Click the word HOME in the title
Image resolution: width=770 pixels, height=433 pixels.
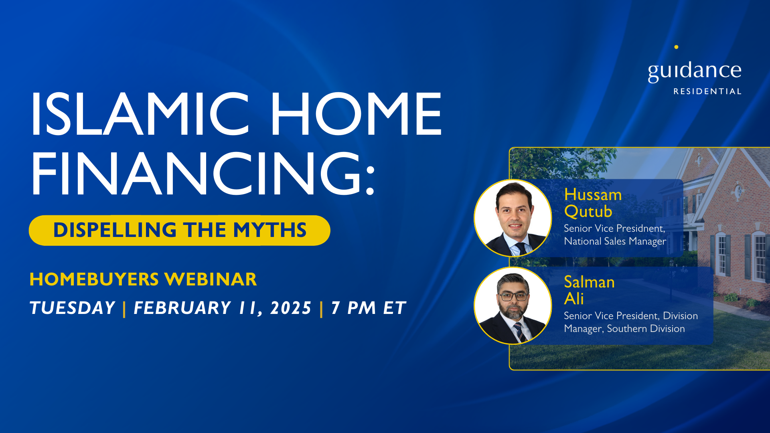(x=357, y=114)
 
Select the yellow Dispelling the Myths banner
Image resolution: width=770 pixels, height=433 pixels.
(x=179, y=230)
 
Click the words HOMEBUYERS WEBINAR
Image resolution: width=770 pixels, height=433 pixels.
(x=143, y=279)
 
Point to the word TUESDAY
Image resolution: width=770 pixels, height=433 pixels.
(x=73, y=308)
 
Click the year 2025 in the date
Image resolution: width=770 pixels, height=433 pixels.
(x=291, y=308)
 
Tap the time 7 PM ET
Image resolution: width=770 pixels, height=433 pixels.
(x=369, y=308)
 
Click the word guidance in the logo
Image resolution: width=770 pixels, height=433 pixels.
(x=695, y=71)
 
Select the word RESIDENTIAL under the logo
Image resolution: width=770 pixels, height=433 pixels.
(x=707, y=91)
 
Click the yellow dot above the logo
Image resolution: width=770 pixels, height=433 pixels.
(x=676, y=47)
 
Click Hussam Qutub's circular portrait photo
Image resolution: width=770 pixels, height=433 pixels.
(x=513, y=218)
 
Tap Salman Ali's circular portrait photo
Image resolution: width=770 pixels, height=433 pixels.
(x=513, y=306)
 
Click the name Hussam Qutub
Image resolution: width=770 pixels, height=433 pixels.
(x=593, y=203)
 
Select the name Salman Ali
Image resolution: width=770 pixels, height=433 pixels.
(x=589, y=290)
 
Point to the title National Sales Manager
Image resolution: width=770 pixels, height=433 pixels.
(x=615, y=241)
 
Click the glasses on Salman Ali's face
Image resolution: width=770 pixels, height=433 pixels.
(x=513, y=297)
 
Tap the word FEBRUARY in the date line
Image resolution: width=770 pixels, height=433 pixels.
(x=182, y=308)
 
